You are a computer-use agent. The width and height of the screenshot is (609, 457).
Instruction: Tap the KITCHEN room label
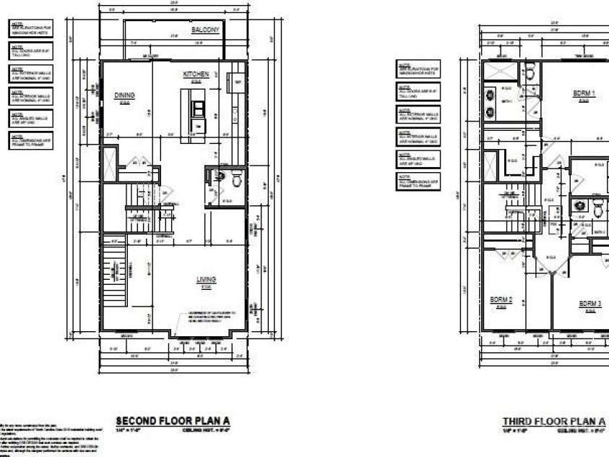[196, 74]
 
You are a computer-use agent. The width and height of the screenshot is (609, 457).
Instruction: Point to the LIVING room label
[207, 280]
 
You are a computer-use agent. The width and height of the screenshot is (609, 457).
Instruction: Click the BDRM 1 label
[583, 93]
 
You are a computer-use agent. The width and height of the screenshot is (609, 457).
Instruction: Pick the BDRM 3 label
[590, 304]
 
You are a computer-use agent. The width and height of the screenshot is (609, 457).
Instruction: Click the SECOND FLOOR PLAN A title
[173, 421]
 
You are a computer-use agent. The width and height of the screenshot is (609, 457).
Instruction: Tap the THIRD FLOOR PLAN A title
[554, 422]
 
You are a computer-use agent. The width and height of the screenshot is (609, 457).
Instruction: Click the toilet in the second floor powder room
[222, 176]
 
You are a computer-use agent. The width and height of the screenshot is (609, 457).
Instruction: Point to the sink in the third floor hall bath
[579, 205]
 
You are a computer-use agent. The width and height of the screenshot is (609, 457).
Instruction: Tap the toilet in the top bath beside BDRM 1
[530, 73]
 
